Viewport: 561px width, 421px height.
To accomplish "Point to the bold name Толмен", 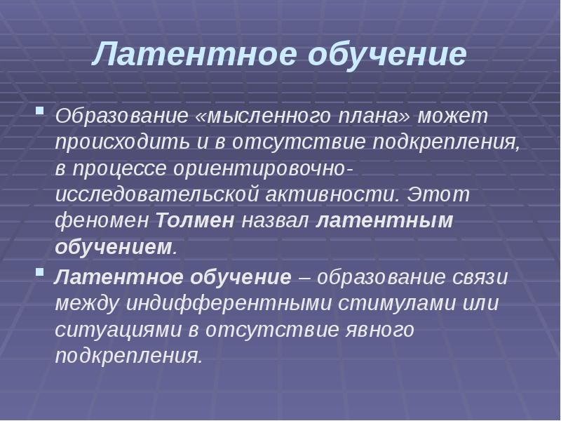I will pos(195,221).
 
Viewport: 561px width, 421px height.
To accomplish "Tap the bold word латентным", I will pos(385,221).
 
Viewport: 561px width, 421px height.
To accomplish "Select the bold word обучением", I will pos(113,248).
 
